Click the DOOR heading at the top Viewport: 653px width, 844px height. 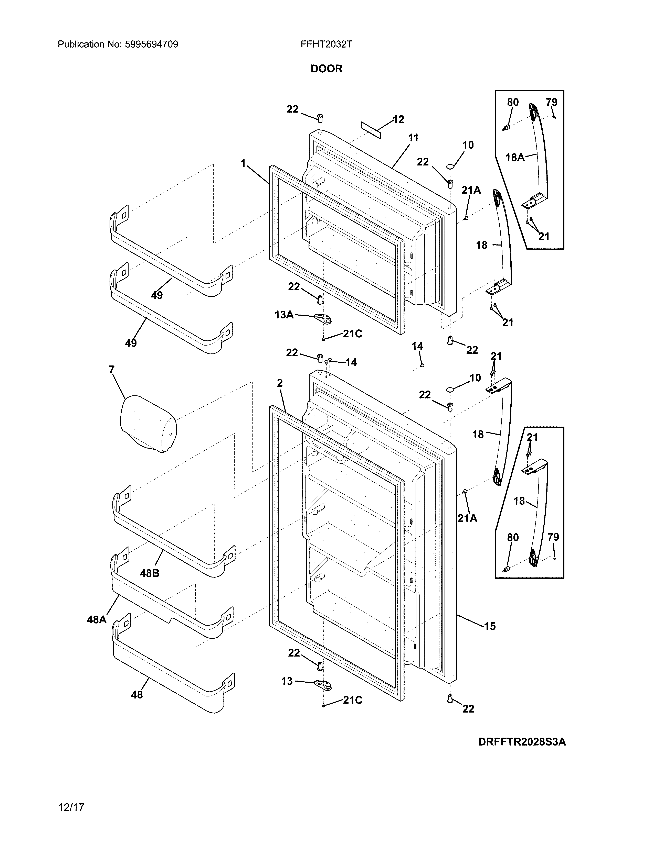click(327, 69)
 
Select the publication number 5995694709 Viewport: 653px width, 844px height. click(151, 45)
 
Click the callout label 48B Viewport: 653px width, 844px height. click(150, 573)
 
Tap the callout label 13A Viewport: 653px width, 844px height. click(284, 315)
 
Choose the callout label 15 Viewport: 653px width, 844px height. click(490, 626)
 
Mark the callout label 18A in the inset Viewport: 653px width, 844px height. click(515, 157)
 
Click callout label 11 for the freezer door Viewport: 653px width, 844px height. click(413, 138)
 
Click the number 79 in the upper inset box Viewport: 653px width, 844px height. click(551, 102)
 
